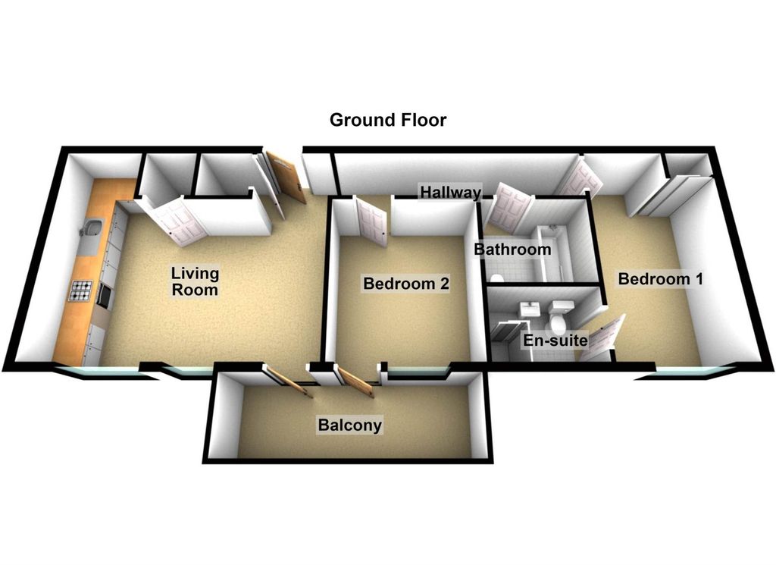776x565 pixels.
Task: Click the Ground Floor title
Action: pyautogui.click(x=388, y=120)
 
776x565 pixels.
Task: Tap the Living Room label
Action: pyautogui.click(x=195, y=281)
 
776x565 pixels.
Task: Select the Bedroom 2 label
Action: pyautogui.click(x=406, y=283)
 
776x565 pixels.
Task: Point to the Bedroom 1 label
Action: pyautogui.click(x=660, y=279)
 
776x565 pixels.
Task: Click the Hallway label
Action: pyautogui.click(x=450, y=192)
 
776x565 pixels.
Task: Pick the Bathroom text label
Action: pyautogui.click(x=512, y=249)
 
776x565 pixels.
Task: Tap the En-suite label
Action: pyautogui.click(x=555, y=341)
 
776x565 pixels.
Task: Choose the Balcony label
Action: pyautogui.click(x=350, y=425)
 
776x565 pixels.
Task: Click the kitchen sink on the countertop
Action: pyautogui.click(x=91, y=230)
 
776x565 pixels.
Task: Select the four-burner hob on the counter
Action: pyautogui.click(x=82, y=291)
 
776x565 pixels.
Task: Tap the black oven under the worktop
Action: pyautogui.click(x=105, y=295)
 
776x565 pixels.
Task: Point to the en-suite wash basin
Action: pyautogui.click(x=530, y=310)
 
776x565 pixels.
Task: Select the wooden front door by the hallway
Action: pyautogui.click(x=286, y=176)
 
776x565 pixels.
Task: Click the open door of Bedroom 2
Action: pyautogui.click(x=371, y=221)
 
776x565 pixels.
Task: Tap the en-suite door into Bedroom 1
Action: pyautogui.click(x=601, y=339)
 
